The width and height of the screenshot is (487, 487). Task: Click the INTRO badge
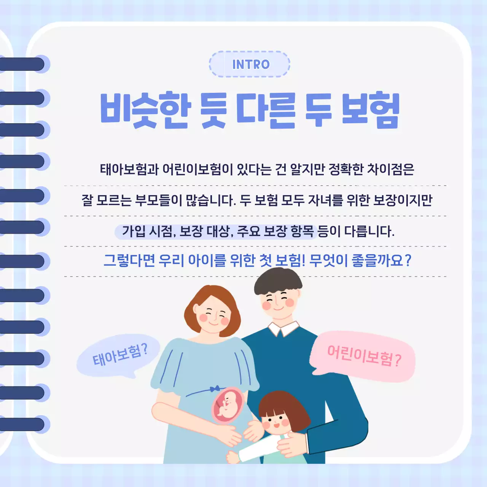250,64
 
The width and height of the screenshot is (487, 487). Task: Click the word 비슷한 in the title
145,110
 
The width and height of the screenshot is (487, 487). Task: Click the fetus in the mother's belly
228,406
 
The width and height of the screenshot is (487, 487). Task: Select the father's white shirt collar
283,328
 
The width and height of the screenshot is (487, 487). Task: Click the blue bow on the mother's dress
215,388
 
